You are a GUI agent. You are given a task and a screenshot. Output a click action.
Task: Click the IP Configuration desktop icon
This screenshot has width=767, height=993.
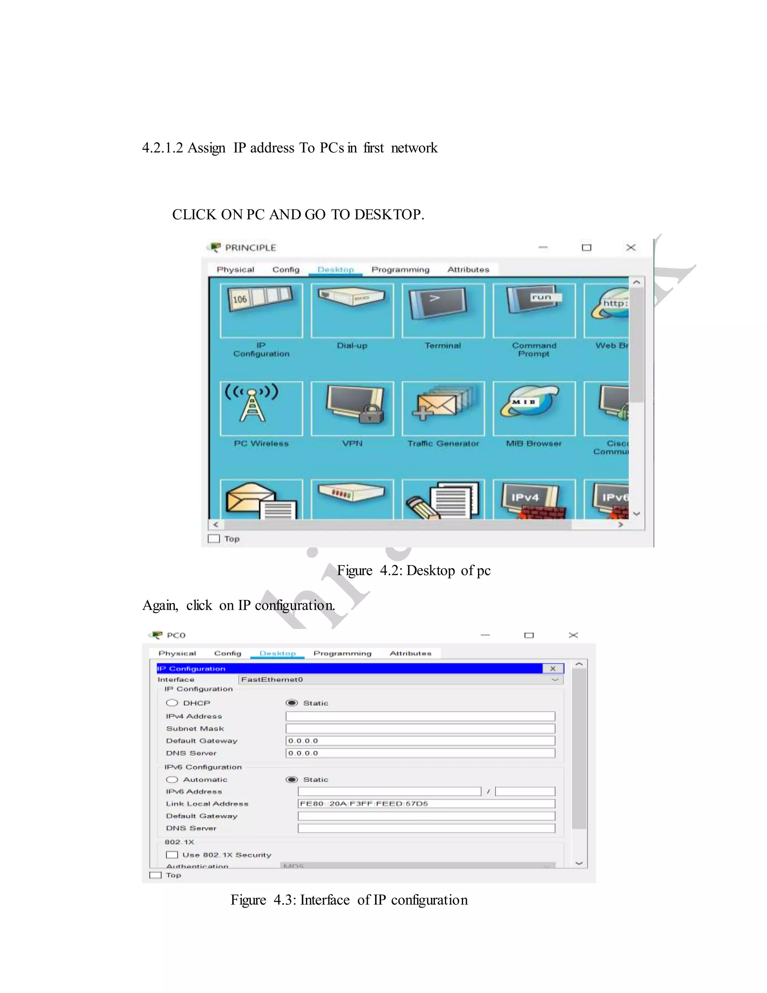pyautogui.click(x=261, y=311)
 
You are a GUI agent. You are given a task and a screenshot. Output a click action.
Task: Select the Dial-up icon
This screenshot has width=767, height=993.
pyautogui.click(x=352, y=311)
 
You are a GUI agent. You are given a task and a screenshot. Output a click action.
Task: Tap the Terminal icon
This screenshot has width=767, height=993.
pyautogui.click(x=443, y=311)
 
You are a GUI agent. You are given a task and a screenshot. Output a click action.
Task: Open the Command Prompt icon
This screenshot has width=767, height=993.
pyautogui.click(x=534, y=311)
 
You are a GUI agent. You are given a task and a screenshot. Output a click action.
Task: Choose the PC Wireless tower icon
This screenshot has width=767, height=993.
pyautogui.click(x=261, y=408)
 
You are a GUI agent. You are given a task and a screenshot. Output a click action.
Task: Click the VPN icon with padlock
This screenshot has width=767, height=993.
pyautogui.click(x=352, y=408)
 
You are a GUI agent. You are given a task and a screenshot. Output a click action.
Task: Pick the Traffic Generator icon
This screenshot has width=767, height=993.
pyautogui.click(x=443, y=408)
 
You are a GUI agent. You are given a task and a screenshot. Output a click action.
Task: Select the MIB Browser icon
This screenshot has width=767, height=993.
pyautogui.click(x=534, y=408)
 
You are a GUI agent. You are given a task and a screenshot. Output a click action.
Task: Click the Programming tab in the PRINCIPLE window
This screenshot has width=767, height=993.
pyautogui.click(x=400, y=270)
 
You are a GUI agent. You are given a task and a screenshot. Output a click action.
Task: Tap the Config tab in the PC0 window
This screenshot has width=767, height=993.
pyautogui.click(x=228, y=654)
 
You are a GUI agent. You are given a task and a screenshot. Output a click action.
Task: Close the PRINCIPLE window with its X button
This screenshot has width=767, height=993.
pyautogui.click(x=631, y=248)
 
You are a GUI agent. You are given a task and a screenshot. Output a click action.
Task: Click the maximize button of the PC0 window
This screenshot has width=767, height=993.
pyautogui.click(x=529, y=635)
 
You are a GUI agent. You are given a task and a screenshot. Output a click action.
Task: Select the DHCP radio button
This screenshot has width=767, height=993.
pyautogui.click(x=172, y=703)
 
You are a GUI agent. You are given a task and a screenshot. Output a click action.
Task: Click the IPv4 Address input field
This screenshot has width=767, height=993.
pyautogui.click(x=420, y=716)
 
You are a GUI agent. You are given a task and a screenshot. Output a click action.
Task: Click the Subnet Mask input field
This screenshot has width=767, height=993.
pyautogui.click(x=420, y=729)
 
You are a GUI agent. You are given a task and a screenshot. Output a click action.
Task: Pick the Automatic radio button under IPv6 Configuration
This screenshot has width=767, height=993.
pyautogui.click(x=172, y=780)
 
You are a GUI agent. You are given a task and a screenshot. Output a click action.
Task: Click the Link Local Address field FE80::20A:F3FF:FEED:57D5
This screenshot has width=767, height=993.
pyautogui.click(x=426, y=804)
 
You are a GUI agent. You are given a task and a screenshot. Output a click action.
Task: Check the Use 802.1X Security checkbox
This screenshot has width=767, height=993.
pyautogui.click(x=172, y=855)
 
